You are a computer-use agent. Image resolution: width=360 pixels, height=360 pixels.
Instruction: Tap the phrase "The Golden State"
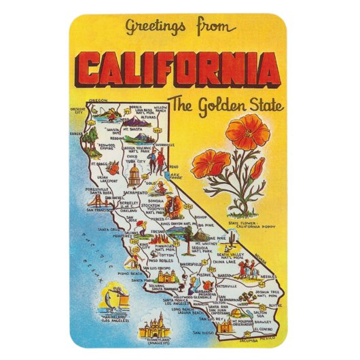226,105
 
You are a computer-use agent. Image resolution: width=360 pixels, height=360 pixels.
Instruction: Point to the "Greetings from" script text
179,28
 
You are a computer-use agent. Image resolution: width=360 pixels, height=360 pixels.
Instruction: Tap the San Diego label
203,334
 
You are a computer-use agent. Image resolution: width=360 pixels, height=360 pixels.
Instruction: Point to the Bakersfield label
195,260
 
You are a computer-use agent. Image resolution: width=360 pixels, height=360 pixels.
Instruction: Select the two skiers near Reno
158,161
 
